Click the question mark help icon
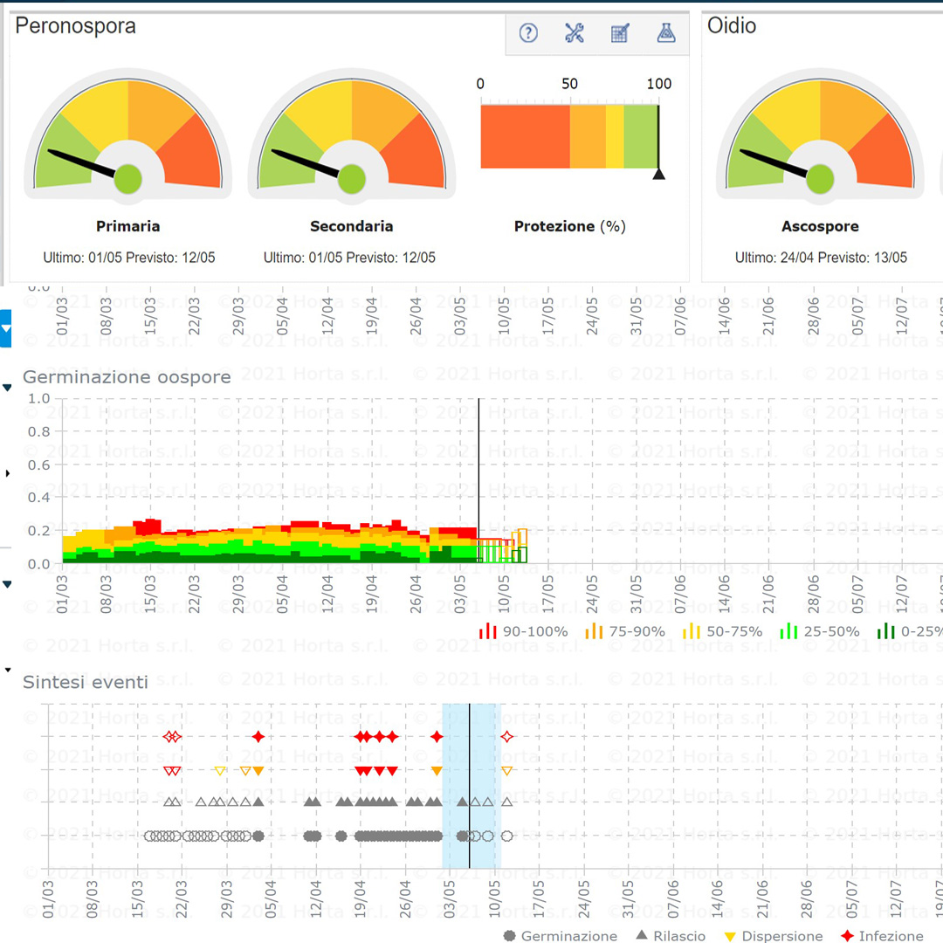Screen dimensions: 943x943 click(528, 34)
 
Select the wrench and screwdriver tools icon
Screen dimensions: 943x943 click(574, 34)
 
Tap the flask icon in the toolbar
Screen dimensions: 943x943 click(666, 34)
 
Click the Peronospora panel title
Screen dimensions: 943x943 click(76, 26)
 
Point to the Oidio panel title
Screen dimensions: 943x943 click(732, 26)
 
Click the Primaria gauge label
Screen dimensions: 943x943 click(128, 226)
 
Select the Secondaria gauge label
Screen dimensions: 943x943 click(352, 226)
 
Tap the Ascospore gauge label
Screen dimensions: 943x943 click(820, 226)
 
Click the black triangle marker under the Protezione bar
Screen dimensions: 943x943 click(659, 174)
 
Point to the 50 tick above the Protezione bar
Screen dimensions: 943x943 click(569, 84)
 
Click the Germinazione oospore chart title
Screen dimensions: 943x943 click(127, 377)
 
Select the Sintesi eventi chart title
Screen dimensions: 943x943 click(86, 682)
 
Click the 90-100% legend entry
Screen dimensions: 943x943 click(524, 631)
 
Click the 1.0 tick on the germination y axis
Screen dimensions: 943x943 click(40, 398)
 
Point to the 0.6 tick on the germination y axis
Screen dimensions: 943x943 click(40, 465)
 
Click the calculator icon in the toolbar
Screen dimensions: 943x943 click(620, 34)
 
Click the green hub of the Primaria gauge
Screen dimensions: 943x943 click(128, 178)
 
